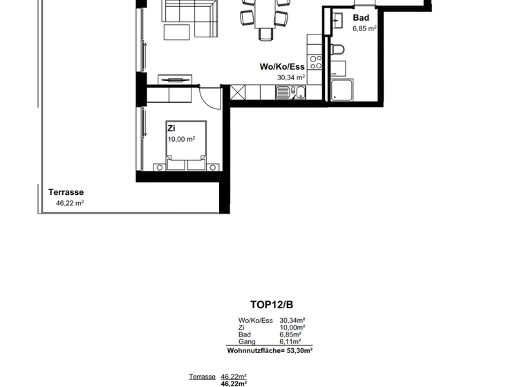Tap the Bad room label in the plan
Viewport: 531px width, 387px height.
pyautogui.click(x=361, y=18)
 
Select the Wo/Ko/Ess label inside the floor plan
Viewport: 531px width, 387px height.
pyautogui.click(x=282, y=67)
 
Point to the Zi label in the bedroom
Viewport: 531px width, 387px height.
pyautogui.click(x=171, y=129)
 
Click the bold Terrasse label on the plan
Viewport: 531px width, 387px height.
pyautogui.click(x=66, y=193)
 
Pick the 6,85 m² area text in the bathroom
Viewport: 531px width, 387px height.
pyautogui.click(x=364, y=29)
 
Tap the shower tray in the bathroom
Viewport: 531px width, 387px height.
pyautogui.click(x=342, y=91)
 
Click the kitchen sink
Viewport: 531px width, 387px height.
pyautogui.click(x=285, y=91)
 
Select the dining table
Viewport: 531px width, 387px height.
pyautogui.click(x=265, y=17)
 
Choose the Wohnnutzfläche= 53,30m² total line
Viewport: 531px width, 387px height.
pyautogui.click(x=270, y=351)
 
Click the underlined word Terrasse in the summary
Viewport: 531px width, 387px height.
pyautogui.click(x=202, y=377)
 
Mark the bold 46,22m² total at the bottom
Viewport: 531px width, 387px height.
pyautogui.click(x=234, y=384)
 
